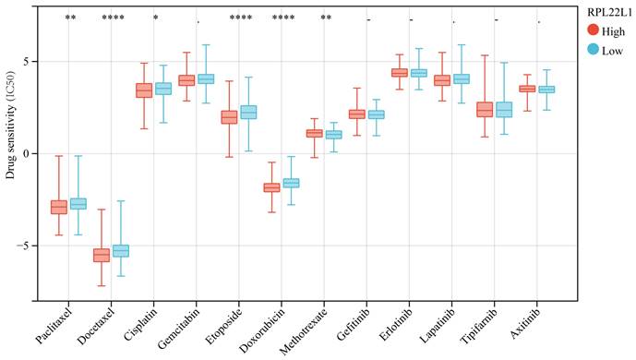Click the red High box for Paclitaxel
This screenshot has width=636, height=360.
(59, 207)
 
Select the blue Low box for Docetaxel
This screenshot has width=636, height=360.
(121, 251)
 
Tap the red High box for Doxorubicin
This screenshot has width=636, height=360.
(271, 187)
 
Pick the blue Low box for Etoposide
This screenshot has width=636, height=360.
(248, 112)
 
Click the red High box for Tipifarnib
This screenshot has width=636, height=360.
(485, 110)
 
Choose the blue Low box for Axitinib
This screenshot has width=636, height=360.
(546, 90)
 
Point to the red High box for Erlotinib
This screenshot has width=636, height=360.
(400, 73)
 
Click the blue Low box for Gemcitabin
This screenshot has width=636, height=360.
(206, 79)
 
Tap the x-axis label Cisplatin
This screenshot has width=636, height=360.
(140, 325)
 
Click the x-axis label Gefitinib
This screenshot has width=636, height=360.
(354, 325)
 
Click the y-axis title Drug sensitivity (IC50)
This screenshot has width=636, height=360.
(10, 125)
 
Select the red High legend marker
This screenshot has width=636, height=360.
(594, 30)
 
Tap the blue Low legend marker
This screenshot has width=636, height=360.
(594, 50)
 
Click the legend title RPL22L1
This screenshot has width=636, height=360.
(609, 13)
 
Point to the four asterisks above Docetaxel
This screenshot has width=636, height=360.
(114, 18)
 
